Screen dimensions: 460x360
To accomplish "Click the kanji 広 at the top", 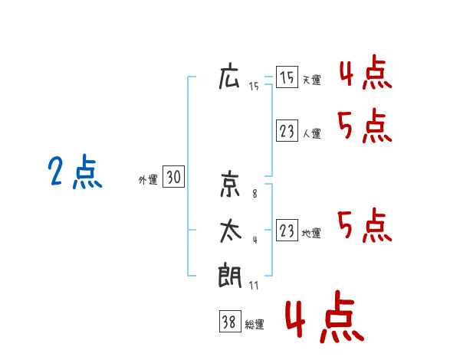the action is point(229,76).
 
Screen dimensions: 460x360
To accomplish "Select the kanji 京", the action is point(230,184).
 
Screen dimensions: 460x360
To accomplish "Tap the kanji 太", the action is point(231,231).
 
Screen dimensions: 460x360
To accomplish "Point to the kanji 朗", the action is point(230,275).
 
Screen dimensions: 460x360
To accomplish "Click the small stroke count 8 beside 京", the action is point(255,194).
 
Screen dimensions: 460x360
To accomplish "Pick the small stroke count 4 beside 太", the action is point(255,240).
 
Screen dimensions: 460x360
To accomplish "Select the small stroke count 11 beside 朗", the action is point(254,286).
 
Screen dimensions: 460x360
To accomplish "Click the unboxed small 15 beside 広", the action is point(254,87).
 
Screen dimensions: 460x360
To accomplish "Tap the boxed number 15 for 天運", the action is point(287,77).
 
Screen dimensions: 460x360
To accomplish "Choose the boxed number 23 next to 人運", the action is point(287,131).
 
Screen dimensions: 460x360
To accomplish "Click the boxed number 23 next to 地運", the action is point(287,231).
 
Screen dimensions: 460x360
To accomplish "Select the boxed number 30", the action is point(174,176).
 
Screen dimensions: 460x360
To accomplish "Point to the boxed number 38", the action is point(230,322).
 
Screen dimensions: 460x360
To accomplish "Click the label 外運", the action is point(148,180).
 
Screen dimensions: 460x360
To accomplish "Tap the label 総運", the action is point(255,325).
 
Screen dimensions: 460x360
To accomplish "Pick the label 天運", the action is point(311,80).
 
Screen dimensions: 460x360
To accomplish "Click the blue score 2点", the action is point(75,172).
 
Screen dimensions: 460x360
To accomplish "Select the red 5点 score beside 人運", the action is point(365,126).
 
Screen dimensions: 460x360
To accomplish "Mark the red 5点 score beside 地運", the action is point(365,226).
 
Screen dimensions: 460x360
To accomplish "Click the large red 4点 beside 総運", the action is point(325,316).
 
